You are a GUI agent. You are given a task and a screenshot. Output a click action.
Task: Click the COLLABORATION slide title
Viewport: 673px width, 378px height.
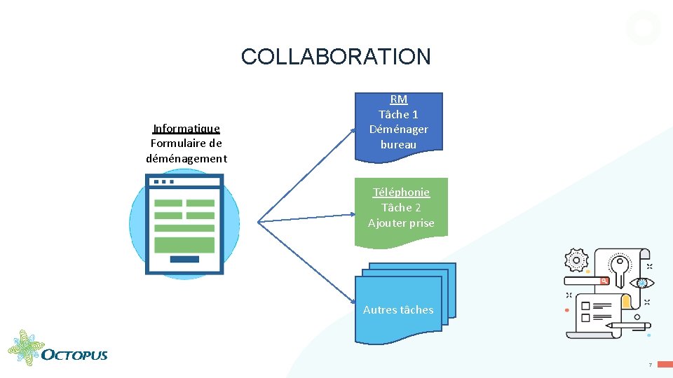click(x=336, y=57)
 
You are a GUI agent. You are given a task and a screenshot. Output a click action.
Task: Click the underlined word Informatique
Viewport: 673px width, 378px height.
click(x=186, y=128)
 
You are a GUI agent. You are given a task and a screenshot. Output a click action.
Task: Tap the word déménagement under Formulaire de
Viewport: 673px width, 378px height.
click(x=186, y=158)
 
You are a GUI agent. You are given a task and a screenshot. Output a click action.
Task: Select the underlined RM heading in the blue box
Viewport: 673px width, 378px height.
click(x=398, y=99)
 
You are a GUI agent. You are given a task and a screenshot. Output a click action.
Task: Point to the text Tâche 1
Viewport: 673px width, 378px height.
click(x=398, y=114)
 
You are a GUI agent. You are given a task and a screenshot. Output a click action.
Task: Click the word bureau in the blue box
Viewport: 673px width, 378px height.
click(x=398, y=144)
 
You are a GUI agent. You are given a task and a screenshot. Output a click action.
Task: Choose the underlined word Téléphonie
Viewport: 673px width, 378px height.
click(x=401, y=192)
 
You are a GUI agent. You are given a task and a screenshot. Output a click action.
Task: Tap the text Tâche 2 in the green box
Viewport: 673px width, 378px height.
click(x=401, y=207)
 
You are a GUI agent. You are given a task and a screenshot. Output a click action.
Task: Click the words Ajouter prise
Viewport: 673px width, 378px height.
click(x=401, y=223)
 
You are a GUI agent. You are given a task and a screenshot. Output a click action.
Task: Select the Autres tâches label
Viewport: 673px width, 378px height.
click(x=398, y=309)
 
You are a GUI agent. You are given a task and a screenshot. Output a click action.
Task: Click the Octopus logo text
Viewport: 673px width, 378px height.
click(x=74, y=354)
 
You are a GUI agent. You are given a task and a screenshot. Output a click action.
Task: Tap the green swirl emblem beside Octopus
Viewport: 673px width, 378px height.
click(x=25, y=348)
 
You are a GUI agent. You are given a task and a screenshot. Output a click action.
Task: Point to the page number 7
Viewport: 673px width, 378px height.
click(x=650, y=365)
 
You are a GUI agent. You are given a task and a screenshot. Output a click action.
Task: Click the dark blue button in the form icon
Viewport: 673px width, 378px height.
click(x=184, y=259)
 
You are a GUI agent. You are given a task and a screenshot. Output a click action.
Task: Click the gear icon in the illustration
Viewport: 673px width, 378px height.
click(x=576, y=260)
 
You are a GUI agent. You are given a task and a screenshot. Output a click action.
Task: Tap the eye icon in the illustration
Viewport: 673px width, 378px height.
click(x=640, y=283)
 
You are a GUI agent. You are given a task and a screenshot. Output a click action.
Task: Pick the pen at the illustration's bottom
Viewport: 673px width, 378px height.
click(x=627, y=325)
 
